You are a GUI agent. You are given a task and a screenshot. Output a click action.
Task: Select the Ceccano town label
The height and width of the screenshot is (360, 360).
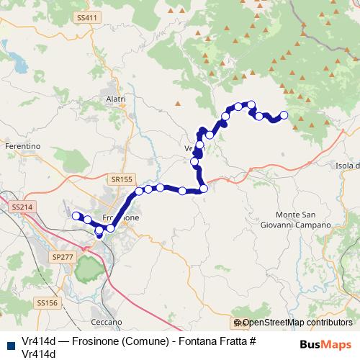tap(106, 322)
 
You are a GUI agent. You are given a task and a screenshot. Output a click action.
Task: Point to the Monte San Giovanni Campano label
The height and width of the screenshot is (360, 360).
tap(303, 220)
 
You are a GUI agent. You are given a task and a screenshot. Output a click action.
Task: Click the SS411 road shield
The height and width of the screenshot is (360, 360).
tap(85, 17)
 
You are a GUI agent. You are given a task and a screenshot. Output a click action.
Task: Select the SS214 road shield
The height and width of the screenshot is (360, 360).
tap(22, 207)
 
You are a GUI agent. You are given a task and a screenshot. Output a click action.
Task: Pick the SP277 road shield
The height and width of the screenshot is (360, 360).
tap(63, 256)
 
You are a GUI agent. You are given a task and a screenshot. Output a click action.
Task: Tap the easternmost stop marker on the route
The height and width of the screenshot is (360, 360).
tap(284, 115)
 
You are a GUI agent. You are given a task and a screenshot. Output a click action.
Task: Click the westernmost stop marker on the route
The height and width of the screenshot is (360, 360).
tap(76, 215)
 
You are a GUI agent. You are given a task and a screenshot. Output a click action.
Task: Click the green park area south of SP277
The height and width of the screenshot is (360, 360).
tap(88, 269)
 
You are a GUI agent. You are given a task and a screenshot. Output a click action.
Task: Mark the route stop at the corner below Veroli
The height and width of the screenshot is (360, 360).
tap(204, 189)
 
